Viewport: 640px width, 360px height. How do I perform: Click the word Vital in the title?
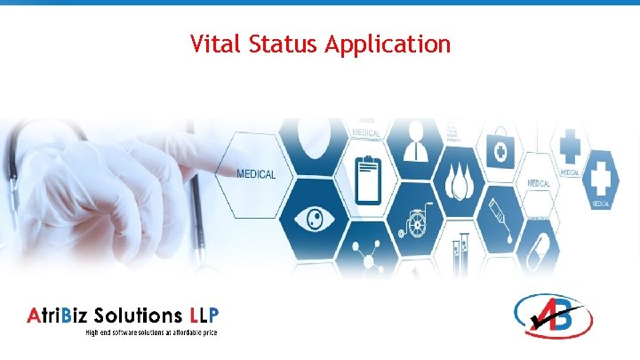211,44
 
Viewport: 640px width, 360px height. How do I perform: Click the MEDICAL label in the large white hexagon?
256,173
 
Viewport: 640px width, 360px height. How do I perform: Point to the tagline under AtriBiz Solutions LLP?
151,332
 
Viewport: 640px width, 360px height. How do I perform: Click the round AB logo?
553,315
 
